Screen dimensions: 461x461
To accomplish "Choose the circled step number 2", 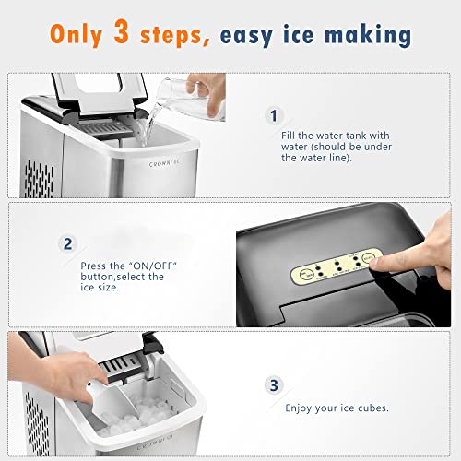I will (x=66, y=244).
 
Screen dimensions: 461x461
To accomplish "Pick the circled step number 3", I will (x=272, y=384).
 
